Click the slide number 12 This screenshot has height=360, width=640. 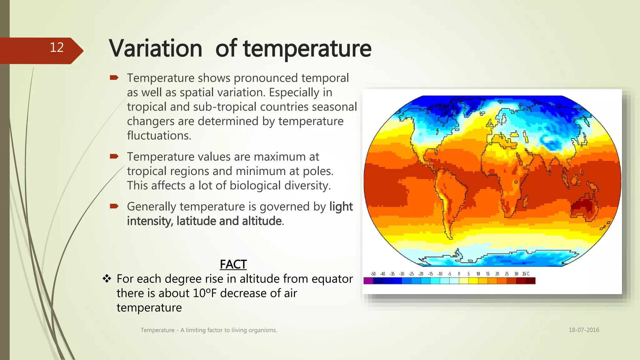(x=57, y=47)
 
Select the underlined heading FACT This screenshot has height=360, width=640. (x=233, y=264)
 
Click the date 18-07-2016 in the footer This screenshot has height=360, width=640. (x=584, y=330)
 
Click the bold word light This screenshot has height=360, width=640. (x=341, y=207)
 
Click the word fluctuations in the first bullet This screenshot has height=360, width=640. (x=159, y=136)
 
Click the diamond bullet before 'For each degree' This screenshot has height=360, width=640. (x=107, y=278)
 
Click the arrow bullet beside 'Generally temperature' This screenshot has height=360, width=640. (x=114, y=206)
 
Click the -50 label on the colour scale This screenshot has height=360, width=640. (x=373, y=274)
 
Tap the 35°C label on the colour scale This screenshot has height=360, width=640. (x=526, y=274)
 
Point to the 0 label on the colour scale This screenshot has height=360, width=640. (x=459, y=274)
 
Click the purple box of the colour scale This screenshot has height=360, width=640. (x=368, y=281)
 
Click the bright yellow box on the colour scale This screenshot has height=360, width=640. (x=473, y=281)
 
